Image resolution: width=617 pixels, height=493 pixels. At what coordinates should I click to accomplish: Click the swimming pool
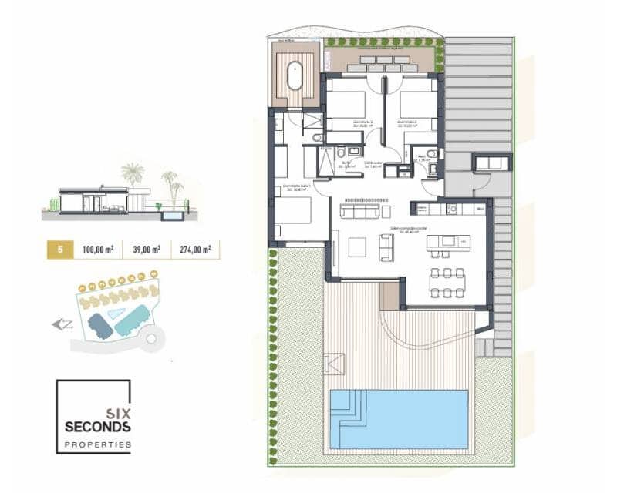[409, 420]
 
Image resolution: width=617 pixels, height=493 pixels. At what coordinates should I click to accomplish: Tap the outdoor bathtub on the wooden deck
[295, 78]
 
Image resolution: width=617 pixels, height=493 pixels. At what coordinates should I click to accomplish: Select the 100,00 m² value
[98, 249]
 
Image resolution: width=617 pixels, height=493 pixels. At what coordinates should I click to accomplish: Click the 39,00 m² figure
[146, 249]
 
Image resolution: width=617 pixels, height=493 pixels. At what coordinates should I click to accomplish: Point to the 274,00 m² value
[194, 249]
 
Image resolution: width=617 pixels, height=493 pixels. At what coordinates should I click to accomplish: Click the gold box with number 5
[59, 249]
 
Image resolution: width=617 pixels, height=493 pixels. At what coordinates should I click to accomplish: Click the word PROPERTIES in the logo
[98, 444]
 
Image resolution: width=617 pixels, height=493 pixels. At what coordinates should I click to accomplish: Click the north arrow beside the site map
[62, 324]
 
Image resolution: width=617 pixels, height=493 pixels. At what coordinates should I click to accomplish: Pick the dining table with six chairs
[448, 282]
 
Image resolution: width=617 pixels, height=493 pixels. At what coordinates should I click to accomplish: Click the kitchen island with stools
[449, 242]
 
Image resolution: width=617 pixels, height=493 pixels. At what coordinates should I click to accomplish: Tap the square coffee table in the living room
[357, 246]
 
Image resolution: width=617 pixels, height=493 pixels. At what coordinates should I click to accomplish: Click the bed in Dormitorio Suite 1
[292, 210]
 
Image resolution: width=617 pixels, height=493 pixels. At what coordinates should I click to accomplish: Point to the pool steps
[351, 406]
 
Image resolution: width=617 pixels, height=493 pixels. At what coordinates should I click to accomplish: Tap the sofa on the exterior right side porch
[491, 162]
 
